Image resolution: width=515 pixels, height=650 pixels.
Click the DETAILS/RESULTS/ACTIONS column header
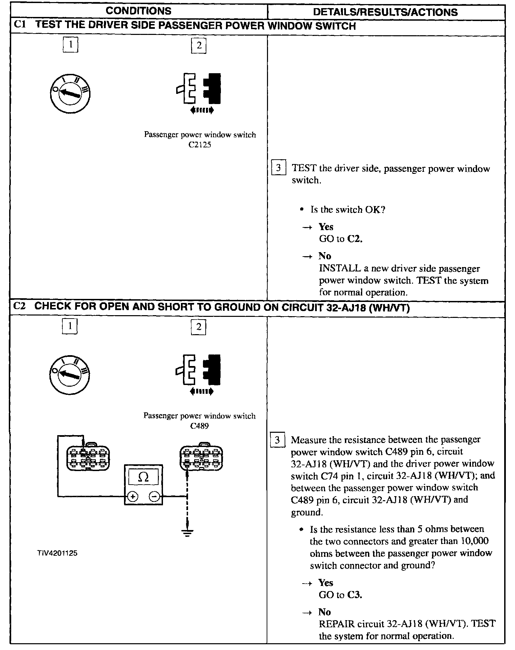(385, 12)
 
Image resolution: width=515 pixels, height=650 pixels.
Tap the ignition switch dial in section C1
(69, 93)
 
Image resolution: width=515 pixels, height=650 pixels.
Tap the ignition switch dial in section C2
(70, 374)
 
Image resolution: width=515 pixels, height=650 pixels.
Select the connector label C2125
(200, 145)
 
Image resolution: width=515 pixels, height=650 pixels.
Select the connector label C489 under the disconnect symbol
(199, 426)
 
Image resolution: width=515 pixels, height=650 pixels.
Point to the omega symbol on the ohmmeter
(144, 478)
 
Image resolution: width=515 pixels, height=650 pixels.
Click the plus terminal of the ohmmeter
(133, 497)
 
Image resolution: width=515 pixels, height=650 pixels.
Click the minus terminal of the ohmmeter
(154, 497)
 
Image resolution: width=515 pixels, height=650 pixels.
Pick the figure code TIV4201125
(58, 553)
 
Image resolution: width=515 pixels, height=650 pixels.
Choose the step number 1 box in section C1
(70, 45)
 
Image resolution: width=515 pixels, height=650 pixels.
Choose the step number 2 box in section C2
(199, 327)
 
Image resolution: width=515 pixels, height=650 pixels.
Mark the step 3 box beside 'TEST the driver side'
(279, 167)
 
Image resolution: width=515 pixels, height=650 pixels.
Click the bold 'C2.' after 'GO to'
(355, 239)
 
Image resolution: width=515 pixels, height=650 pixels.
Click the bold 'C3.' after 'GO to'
(355, 595)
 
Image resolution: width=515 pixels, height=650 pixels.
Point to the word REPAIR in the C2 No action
(336, 624)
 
